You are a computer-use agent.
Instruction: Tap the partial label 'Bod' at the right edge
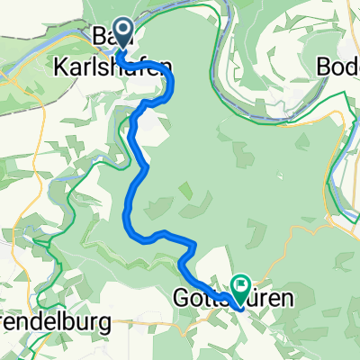tap(339, 66)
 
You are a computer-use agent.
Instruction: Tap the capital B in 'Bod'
tap(326, 66)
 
